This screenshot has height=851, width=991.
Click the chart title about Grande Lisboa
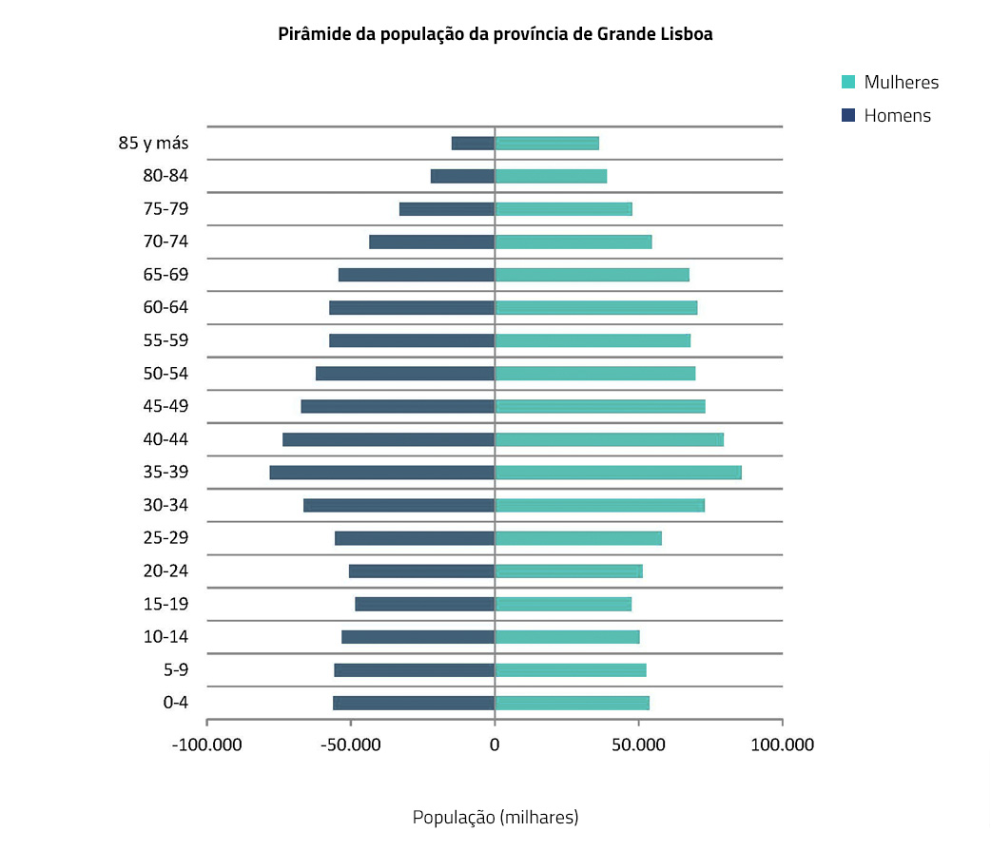click(x=495, y=34)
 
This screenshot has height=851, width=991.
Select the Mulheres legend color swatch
click(x=849, y=82)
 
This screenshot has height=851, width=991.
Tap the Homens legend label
click(x=897, y=116)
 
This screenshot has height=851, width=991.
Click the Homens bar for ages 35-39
click(x=381, y=473)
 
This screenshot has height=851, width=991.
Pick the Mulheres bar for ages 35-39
click(x=618, y=473)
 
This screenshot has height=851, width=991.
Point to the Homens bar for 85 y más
click(x=473, y=144)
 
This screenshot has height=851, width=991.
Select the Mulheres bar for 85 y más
click(x=547, y=144)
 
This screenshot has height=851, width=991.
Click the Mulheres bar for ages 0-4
click(x=572, y=703)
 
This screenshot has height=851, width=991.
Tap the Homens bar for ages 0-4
click(x=414, y=703)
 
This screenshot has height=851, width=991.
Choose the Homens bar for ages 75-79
click(x=447, y=209)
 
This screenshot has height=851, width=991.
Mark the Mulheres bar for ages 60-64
click(x=596, y=308)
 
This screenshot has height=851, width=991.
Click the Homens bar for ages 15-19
click(x=425, y=604)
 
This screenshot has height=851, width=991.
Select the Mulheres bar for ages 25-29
click(x=578, y=538)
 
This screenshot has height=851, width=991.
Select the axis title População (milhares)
click(x=495, y=817)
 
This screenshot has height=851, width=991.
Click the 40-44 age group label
click(x=165, y=439)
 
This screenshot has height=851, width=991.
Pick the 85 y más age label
click(x=153, y=144)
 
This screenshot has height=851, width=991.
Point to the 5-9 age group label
click(x=175, y=669)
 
